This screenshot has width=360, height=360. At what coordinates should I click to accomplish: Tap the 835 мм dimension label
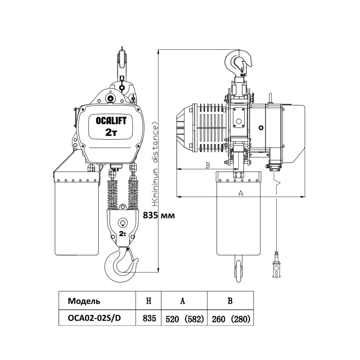(159, 216)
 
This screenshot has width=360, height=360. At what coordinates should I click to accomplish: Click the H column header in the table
(148, 301)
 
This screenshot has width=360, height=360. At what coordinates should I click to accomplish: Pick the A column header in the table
(183, 301)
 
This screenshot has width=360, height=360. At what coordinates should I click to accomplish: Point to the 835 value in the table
(149, 319)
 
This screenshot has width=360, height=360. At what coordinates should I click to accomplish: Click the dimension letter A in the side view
(241, 193)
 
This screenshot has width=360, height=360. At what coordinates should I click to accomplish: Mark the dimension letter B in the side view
(207, 165)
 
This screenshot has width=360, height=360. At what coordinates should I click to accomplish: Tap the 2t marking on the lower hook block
(122, 234)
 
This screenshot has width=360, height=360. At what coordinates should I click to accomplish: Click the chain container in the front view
(76, 216)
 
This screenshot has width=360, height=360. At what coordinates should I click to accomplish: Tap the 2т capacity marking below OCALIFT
(111, 132)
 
